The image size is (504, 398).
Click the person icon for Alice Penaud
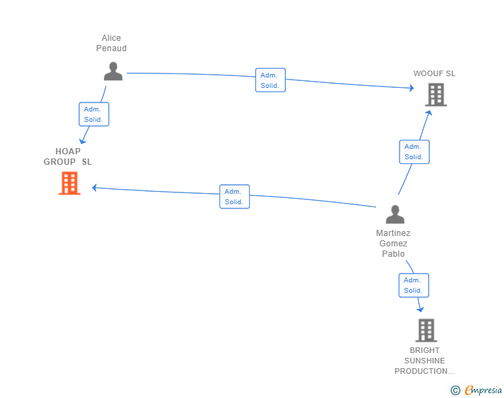click(113, 71)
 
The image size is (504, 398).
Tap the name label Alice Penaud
click(111, 43)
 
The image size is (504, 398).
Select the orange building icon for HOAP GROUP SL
click(69, 183)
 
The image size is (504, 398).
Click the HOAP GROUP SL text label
click(68, 156)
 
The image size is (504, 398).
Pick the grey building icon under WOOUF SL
click(436, 95)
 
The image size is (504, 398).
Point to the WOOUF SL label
click(434, 73)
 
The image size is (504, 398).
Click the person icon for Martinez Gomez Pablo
click(395, 214)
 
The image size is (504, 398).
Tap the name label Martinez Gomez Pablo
click(393, 244)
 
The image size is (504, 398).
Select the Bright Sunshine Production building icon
click(426, 330)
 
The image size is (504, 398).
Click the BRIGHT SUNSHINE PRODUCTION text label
click(424, 361)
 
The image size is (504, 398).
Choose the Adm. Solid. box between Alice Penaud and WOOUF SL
click(270, 80)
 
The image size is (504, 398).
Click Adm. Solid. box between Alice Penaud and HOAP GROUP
click(94, 114)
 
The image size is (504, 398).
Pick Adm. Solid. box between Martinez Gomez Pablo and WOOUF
click(414, 152)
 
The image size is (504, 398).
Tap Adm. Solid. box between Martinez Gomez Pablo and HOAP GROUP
click(235, 197)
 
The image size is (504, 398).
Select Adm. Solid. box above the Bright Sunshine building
click(414, 285)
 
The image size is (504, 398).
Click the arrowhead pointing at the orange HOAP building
click(94, 188)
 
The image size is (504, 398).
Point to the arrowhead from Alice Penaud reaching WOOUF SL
click(412, 88)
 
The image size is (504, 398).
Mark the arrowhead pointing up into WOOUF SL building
click(429, 113)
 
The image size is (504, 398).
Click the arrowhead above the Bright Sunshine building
click(420, 309)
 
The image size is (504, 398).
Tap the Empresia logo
click(476, 390)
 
